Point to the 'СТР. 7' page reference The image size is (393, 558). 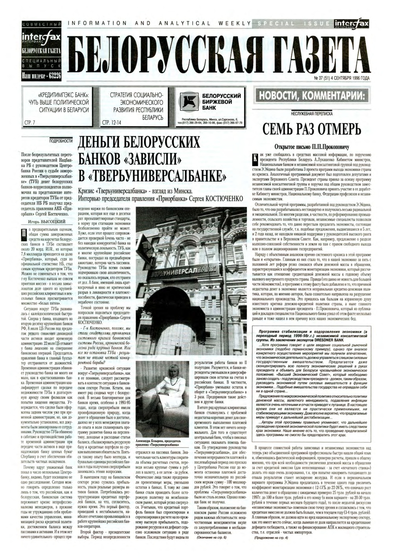click(29, 123)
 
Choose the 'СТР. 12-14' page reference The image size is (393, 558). click(111, 123)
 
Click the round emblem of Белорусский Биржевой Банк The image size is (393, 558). click(187, 101)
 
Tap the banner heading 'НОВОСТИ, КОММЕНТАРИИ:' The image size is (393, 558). click(312, 95)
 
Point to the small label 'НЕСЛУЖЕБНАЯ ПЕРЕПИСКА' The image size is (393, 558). click(312, 114)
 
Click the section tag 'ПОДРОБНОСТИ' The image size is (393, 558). click(61, 140)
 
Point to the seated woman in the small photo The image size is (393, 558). click(161, 399)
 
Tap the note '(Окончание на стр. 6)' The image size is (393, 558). click(212, 537)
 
